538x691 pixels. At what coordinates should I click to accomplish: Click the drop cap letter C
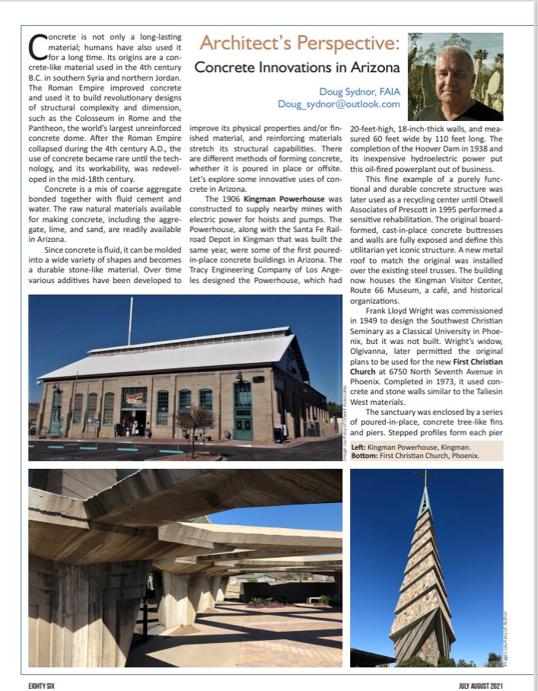click(37, 48)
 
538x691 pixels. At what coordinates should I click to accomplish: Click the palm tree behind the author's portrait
click(481, 58)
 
